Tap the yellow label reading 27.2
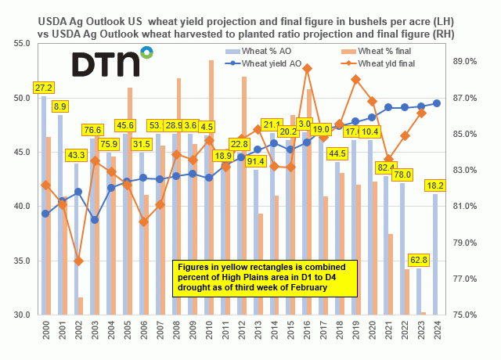45,88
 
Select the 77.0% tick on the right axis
465,279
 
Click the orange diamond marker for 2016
307,69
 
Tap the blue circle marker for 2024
437,103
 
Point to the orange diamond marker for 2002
78,261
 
